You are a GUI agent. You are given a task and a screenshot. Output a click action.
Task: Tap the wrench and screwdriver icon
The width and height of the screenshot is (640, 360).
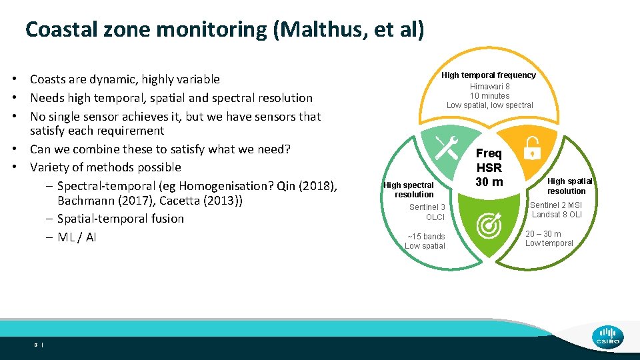[x=446, y=146]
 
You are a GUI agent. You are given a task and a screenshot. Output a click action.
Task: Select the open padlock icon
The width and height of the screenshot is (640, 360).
[x=532, y=147]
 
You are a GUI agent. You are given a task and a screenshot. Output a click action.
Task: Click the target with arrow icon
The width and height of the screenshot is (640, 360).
[x=489, y=227]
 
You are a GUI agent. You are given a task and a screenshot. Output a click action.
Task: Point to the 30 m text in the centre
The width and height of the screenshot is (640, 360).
[x=489, y=182]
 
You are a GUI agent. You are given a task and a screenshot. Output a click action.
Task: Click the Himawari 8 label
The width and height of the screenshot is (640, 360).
[x=490, y=87]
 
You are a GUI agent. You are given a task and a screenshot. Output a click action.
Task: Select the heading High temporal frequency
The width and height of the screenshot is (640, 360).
[x=489, y=75]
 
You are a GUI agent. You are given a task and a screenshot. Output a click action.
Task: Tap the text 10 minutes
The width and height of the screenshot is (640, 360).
[x=490, y=96]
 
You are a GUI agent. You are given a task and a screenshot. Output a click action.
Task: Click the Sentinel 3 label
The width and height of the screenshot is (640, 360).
[x=427, y=208]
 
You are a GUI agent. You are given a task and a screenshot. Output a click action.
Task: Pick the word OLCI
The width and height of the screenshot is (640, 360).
[x=435, y=217]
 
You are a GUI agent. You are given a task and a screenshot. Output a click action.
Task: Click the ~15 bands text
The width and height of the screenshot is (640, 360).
[x=426, y=237]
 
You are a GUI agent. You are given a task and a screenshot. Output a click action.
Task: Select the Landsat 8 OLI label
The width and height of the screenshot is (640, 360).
[x=557, y=215]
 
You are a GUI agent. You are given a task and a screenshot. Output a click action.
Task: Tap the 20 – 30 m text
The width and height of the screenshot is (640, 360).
[x=543, y=234]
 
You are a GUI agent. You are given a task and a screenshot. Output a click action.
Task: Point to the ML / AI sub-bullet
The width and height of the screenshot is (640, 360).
[x=77, y=237]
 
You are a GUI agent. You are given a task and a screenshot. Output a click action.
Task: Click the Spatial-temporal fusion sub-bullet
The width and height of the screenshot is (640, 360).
[x=121, y=219]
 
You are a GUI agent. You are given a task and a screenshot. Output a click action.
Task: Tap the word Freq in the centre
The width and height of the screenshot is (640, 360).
[x=489, y=153]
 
